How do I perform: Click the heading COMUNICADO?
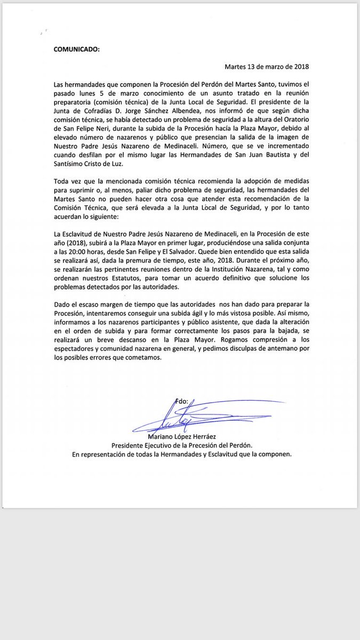coord(77,49)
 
